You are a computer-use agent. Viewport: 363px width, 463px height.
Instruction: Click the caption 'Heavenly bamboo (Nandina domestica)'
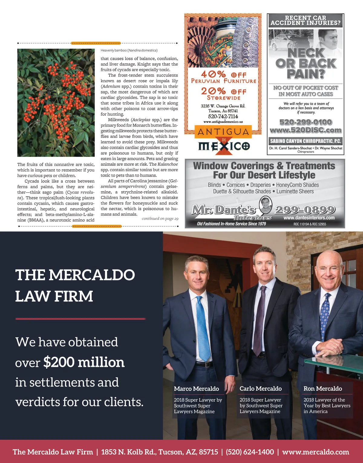(x=129, y=50)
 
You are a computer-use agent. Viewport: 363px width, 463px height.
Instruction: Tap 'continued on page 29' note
(x=160, y=218)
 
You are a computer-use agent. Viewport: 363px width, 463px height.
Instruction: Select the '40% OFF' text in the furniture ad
(x=224, y=74)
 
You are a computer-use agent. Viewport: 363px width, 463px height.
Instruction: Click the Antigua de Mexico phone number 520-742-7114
(x=223, y=116)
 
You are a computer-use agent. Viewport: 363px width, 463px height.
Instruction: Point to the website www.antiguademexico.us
(x=223, y=122)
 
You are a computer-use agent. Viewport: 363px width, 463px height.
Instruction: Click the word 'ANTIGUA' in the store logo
(x=223, y=132)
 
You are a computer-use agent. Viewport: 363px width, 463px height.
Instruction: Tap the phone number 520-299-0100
(x=306, y=122)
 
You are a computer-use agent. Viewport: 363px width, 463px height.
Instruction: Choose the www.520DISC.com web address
(x=306, y=130)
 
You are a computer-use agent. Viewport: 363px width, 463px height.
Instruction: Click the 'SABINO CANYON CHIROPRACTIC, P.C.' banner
(x=306, y=141)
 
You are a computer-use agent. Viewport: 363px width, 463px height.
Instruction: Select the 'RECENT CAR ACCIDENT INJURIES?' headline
(x=306, y=20)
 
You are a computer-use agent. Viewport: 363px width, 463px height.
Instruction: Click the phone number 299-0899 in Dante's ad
(x=305, y=210)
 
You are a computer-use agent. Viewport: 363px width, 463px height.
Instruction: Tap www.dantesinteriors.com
(x=309, y=218)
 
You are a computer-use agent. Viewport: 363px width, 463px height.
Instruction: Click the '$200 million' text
(x=84, y=362)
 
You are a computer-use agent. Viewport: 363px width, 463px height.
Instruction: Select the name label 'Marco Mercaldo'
(x=196, y=389)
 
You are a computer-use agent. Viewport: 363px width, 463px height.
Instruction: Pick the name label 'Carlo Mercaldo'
(x=260, y=389)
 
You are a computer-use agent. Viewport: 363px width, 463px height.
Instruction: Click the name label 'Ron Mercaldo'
(x=323, y=389)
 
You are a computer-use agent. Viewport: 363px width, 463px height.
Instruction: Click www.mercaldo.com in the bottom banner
(x=316, y=452)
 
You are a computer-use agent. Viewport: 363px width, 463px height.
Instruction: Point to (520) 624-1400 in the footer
(x=250, y=452)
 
